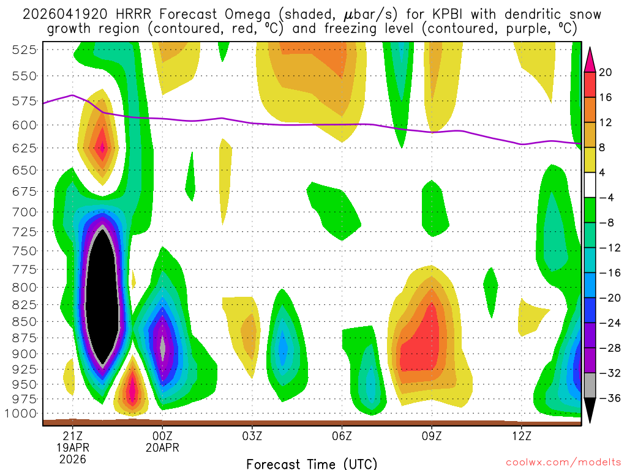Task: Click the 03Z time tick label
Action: pos(252,438)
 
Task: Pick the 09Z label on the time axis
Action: pos(432,438)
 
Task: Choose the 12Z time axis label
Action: pos(521,438)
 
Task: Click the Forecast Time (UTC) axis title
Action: pos(312,463)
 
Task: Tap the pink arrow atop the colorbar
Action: pos(590,59)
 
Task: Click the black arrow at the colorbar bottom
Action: pos(590,411)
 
